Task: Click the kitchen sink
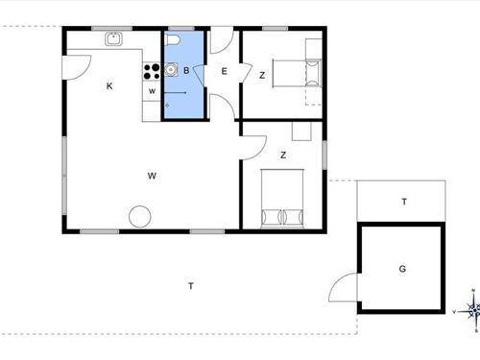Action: point(113,38)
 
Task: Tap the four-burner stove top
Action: point(152,71)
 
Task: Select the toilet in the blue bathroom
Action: point(173,40)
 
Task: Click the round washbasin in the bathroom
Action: point(171,69)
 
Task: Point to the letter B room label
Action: point(186,70)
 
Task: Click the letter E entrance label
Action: point(225,71)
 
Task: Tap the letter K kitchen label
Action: point(109,85)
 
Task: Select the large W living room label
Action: point(152,176)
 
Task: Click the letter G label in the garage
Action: point(402,269)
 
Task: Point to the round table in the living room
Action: point(140,216)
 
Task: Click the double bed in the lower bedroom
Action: point(282,199)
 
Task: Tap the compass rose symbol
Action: point(473,310)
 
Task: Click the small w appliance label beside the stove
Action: point(152,91)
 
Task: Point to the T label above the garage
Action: point(404,202)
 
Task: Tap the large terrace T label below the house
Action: point(191,286)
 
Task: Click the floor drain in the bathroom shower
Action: point(167,105)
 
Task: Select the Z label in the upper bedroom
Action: point(262,76)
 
